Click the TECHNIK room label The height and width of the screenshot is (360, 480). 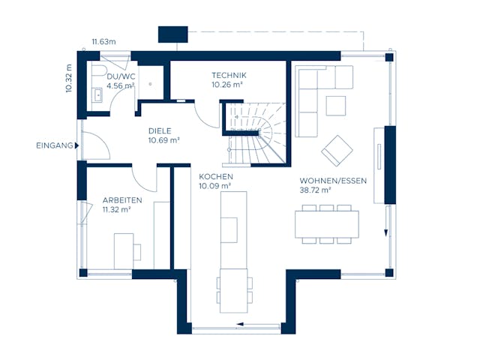[229, 76]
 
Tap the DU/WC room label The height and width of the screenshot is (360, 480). [120, 76]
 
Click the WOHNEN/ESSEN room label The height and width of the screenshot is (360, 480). [332, 181]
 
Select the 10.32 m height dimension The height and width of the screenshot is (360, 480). [68, 77]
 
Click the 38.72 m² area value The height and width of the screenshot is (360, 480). [316, 191]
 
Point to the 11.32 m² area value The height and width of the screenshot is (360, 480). [116, 210]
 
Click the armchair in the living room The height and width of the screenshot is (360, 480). [337, 151]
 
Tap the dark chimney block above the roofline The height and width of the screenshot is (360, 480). [172, 34]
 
